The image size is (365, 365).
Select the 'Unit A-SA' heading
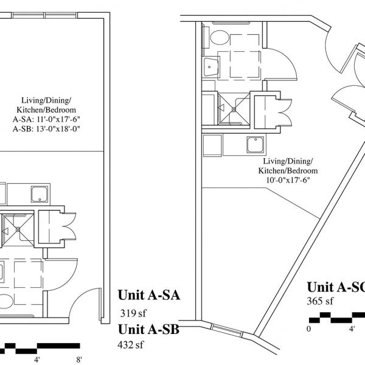pyautogui.click(x=150, y=297)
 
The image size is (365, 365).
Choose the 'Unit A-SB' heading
pyautogui.click(x=150, y=330)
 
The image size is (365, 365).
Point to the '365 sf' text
pyautogui.click(x=320, y=301)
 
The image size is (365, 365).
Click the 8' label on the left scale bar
pyautogui.click(x=78, y=360)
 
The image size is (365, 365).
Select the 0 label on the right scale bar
pyautogui.click(x=308, y=329)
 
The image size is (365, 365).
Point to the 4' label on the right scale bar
pyautogui.click(x=352, y=329)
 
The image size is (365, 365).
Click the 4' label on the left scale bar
pyautogui.click(x=37, y=360)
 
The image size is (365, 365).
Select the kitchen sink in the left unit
pyautogui.click(x=41, y=195)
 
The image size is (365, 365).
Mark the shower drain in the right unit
pyautogui.click(x=232, y=108)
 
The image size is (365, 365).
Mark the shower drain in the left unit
pyautogui.click(x=18, y=229)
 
